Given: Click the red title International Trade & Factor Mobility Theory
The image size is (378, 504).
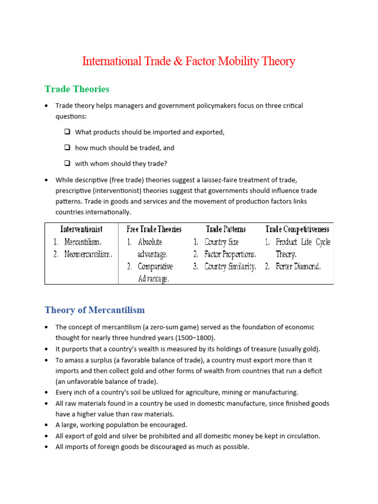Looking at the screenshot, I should [x=189, y=62].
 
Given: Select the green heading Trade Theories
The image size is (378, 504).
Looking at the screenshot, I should [x=77, y=89].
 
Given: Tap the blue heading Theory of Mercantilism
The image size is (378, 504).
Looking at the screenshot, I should [x=94, y=310].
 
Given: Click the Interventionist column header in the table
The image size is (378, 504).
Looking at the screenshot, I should [x=81, y=229].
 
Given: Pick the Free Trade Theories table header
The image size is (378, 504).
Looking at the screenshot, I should [x=154, y=229].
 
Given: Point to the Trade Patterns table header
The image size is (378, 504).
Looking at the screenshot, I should [x=225, y=229].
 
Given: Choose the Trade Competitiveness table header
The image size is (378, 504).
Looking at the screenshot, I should [x=297, y=229].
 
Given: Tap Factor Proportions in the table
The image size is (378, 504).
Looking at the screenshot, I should [x=230, y=254].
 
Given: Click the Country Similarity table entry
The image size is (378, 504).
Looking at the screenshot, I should [x=230, y=267].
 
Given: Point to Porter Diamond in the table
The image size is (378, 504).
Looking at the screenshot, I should [x=298, y=267].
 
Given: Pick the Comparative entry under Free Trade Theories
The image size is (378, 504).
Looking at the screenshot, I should [x=155, y=267].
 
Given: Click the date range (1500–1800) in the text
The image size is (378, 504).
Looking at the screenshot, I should [x=194, y=338].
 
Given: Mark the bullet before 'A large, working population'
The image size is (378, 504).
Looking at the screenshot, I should [x=46, y=425].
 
